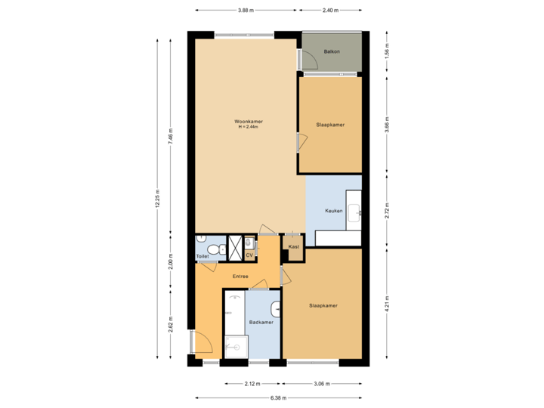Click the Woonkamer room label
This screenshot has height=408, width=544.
[x=248, y=121]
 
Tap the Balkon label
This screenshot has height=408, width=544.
[x=331, y=51]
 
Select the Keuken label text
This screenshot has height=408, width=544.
[x=335, y=211]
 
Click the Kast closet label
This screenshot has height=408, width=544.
[x=293, y=247]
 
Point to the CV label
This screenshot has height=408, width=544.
[x=249, y=255]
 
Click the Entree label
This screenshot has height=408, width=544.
[x=240, y=276]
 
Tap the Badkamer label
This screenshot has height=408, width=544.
[x=261, y=322]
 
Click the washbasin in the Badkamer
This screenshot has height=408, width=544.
[x=276, y=308]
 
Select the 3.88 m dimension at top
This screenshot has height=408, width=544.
[x=246, y=11]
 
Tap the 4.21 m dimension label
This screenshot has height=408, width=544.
[x=387, y=304]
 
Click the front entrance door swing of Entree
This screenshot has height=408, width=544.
[x=200, y=342]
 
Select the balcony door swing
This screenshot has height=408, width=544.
[x=309, y=60]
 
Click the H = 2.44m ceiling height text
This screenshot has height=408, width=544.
[x=248, y=127]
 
